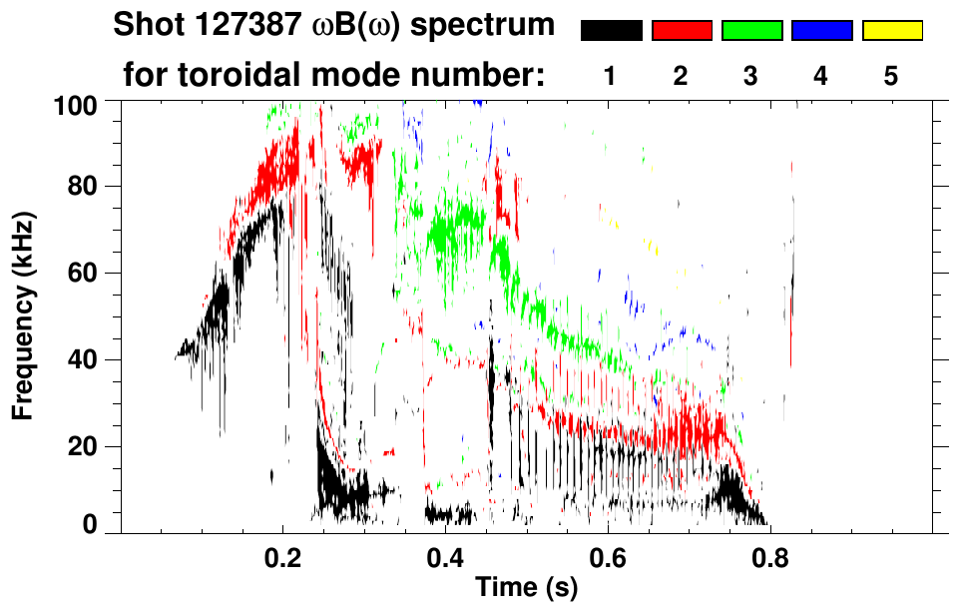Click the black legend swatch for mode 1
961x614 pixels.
612,31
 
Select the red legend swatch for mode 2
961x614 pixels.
682,31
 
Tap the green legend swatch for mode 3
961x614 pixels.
751,31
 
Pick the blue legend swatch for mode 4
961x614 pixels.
821,31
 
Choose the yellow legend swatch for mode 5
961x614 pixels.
891,31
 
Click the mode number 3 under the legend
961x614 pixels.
751,76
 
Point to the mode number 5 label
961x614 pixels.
891,76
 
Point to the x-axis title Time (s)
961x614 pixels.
526,589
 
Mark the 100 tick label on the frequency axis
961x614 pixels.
79,104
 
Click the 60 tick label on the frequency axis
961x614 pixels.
86,274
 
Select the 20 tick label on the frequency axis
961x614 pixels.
86,446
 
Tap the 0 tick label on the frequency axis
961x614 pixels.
93,525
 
